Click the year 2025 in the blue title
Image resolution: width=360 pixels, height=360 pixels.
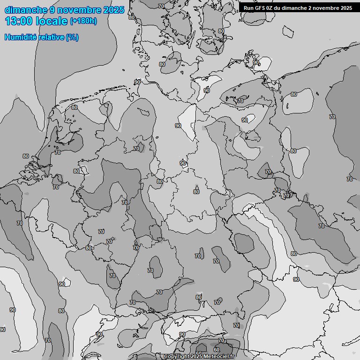click(113, 10)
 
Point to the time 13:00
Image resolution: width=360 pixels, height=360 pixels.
click(18, 21)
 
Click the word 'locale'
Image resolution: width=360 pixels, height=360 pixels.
click(52, 21)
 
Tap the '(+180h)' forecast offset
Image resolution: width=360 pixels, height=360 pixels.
click(83, 21)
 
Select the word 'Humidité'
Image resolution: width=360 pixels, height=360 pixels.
click(21, 37)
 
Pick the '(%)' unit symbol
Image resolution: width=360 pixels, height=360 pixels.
click(72, 37)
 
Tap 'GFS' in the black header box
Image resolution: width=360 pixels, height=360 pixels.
click(261, 8)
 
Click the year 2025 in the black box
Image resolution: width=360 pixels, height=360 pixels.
click(346, 8)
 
